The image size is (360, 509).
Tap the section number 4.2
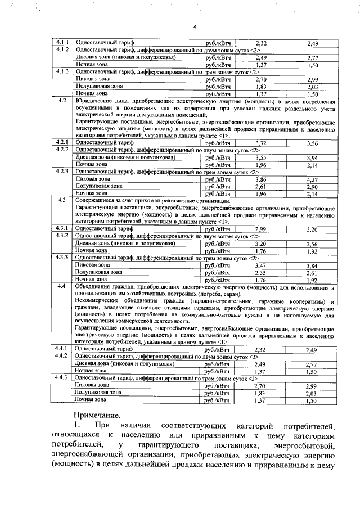[62, 100]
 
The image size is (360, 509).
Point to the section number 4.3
[62, 200]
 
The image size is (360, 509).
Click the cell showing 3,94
[313, 158]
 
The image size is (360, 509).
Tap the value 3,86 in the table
[260, 179]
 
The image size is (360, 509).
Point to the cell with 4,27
[313, 179]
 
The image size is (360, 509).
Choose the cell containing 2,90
[313, 186]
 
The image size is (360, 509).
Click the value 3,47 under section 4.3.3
[260, 265]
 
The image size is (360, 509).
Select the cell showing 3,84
[313, 265]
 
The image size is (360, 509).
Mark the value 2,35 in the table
[260, 272]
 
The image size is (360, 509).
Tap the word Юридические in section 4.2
[93, 100]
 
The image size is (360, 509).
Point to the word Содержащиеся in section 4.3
[96, 200]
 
